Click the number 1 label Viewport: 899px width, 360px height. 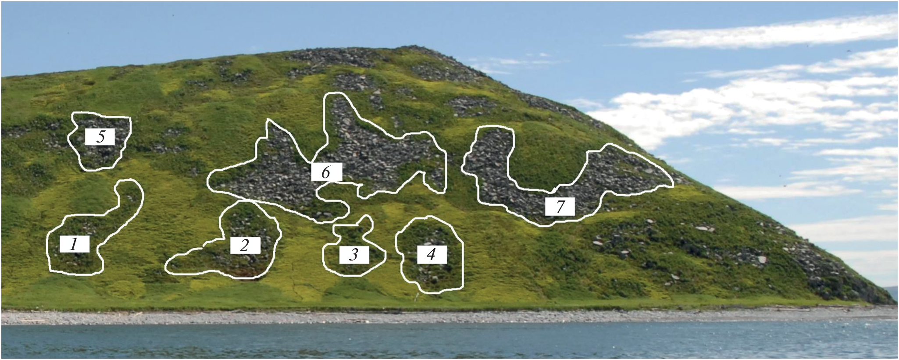tap(75, 244)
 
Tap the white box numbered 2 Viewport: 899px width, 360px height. tap(246, 246)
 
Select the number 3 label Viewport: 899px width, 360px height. tap(354, 255)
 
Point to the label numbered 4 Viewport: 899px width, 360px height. tap(432, 254)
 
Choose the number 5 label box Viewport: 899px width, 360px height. tap(100, 137)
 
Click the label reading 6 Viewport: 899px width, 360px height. tap(326, 172)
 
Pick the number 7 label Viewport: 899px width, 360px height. tap(560, 207)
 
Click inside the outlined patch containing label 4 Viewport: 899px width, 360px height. tap(430, 276)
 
